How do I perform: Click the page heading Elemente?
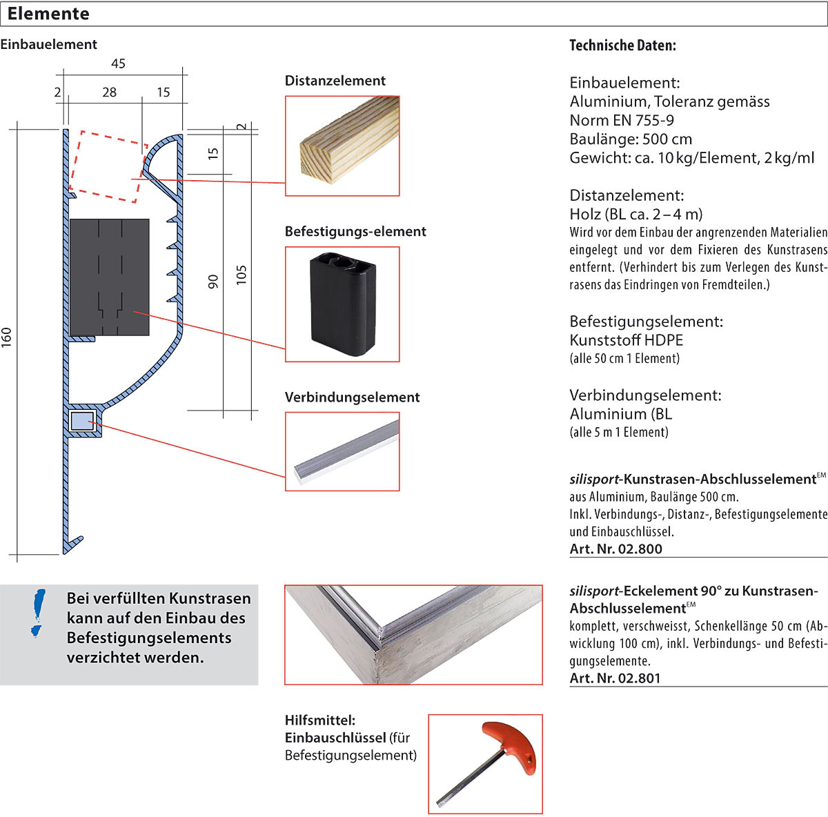coord(48,14)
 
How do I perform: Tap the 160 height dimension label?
coord(7,337)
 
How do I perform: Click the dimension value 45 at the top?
coord(118,63)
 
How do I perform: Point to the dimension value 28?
coord(109,92)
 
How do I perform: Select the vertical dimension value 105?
coord(241,275)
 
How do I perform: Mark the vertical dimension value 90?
coord(213,282)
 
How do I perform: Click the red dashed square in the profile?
coord(108,166)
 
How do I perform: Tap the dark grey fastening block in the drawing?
coord(110,277)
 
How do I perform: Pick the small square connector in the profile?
coord(82,420)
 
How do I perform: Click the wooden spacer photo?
coord(342,146)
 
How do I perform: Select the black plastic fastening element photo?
coord(342,304)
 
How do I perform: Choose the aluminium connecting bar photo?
coord(342,451)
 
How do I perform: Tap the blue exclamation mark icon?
coord(39,613)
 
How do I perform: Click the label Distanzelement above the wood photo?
coord(335,81)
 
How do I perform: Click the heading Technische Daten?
coord(622,46)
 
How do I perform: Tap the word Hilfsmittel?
coord(320,720)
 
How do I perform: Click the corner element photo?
coord(413,635)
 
